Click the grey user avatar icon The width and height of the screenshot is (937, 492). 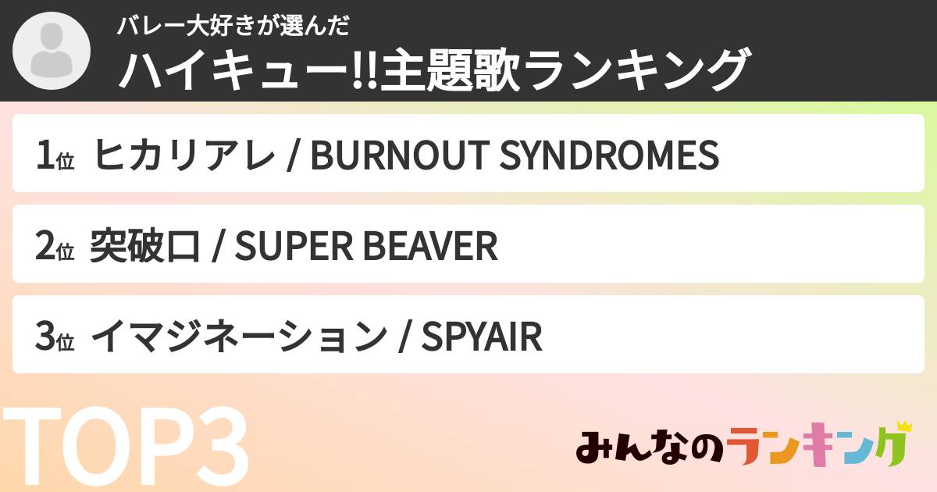pos(52,52)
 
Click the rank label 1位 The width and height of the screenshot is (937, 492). pos(54,156)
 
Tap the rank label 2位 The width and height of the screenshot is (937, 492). pos(54,247)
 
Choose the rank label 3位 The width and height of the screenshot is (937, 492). pos(54,337)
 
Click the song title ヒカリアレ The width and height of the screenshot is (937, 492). pos(183,155)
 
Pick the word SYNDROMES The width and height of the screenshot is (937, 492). pos(608,155)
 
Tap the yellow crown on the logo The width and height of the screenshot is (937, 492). pos(904,427)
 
